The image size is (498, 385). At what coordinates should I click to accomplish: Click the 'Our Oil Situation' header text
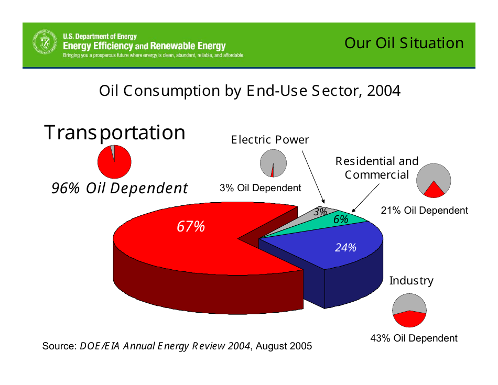pos(404,43)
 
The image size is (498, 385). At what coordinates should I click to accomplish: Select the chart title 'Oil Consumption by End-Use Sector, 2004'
pos(250,91)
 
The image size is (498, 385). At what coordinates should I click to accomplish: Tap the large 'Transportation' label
pos(115,133)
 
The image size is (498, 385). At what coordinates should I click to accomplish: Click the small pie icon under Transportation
pos(114,161)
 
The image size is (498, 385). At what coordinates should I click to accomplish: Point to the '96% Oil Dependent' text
pos(120,188)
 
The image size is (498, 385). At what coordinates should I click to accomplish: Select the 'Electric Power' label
pos(270,140)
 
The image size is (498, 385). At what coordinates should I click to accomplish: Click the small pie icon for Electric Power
pos(273,163)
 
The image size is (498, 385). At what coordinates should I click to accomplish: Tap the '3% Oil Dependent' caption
pos(261,188)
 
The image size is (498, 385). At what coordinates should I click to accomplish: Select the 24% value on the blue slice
pos(346,247)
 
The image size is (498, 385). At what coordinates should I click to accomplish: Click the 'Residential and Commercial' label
pos(377,168)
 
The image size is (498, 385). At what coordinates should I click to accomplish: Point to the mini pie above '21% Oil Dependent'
pos(434,180)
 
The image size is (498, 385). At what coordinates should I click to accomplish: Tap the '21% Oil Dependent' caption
pos(424,211)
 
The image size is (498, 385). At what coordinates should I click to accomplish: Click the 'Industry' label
pos(411,281)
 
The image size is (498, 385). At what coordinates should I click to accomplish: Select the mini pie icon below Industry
pos(409,311)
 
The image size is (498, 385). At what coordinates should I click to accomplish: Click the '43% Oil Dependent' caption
pos(414,338)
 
